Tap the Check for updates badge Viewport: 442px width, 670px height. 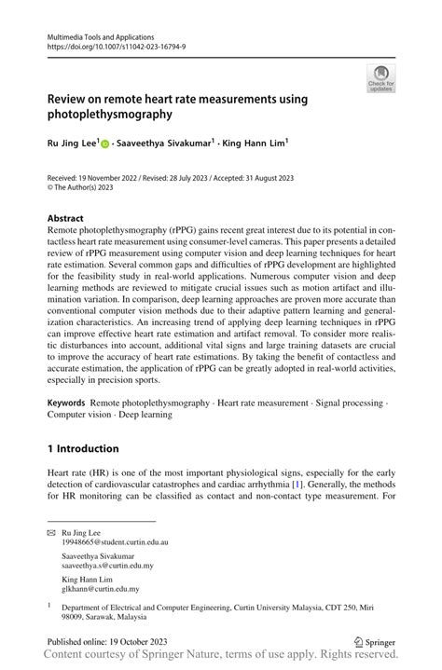click(x=380, y=78)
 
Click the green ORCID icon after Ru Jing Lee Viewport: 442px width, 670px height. click(x=104, y=144)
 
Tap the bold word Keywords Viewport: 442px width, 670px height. click(x=71, y=403)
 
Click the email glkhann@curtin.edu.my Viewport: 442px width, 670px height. click(x=101, y=589)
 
